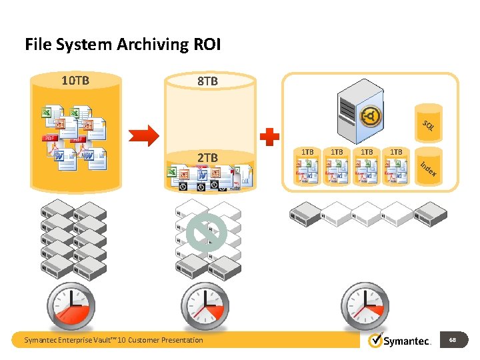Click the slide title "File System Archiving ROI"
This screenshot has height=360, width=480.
point(123,45)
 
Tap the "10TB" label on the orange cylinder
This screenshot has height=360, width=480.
point(75,81)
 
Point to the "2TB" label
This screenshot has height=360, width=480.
point(207,157)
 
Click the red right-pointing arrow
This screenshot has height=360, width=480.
point(143,136)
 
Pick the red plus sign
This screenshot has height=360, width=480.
point(269,137)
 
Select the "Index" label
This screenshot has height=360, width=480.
point(428,169)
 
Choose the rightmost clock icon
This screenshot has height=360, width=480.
point(365,306)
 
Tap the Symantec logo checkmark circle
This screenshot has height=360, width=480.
point(376,340)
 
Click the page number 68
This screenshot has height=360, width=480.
point(453,340)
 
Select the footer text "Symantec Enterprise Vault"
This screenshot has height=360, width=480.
point(113,340)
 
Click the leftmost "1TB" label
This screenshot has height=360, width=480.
point(307,152)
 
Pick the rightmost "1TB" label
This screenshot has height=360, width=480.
point(396,152)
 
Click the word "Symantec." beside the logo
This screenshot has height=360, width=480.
point(408,341)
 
